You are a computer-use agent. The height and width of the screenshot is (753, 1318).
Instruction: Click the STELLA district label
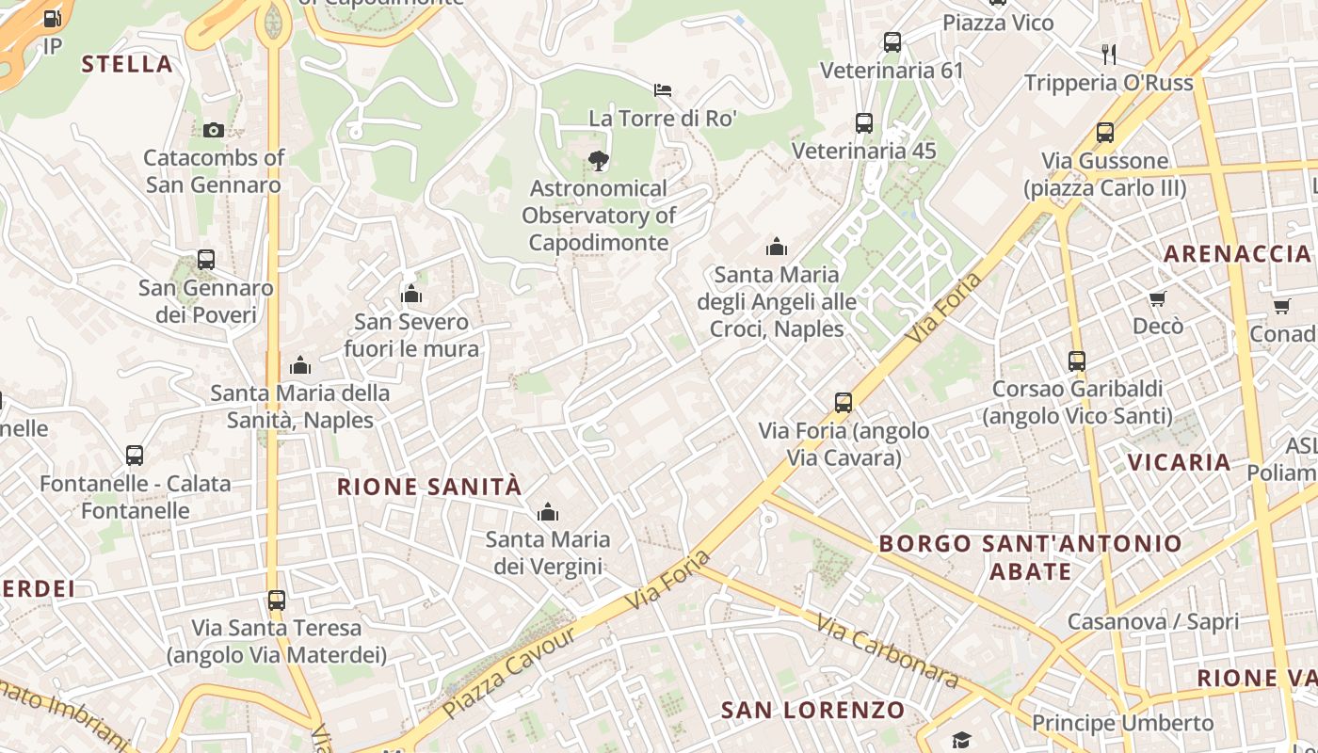pos(127,64)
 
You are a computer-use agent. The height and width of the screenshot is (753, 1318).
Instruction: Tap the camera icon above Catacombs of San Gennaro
pos(214,130)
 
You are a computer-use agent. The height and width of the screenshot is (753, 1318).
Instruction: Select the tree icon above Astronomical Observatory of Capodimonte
pos(598,161)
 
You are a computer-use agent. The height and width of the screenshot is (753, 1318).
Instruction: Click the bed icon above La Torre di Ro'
pos(663,90)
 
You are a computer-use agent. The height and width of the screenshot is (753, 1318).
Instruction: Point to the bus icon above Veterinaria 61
pos(892,42)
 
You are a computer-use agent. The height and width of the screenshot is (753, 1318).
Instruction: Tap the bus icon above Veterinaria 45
pos(863,122)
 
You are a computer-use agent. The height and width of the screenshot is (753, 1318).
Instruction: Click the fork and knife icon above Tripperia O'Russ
pos(1109,55)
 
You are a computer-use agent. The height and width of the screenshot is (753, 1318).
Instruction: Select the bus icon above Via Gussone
pos(1104,133)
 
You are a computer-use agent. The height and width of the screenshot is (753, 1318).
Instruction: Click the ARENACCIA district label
pos(1237,253)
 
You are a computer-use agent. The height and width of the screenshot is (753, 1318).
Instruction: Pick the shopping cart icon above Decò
pos(1157,298)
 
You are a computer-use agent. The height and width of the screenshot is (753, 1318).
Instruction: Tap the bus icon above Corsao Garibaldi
pos(1077,360)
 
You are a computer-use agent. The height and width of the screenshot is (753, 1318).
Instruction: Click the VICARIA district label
pos(1180,462)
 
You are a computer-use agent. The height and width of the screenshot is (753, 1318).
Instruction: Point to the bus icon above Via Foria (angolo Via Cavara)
pos(844,403)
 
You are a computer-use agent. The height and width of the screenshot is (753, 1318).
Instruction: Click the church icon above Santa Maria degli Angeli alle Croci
pos(777,248)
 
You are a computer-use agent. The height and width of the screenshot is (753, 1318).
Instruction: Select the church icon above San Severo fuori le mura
pos(411,295)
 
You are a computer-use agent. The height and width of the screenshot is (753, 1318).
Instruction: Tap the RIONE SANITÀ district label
pos(429,487)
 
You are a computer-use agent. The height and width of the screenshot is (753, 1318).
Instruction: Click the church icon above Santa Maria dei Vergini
pos(547,512)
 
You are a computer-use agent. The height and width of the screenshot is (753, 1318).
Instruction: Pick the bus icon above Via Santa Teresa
pos(276,600)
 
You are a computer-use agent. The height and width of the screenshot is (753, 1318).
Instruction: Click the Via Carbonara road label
pos(886,650)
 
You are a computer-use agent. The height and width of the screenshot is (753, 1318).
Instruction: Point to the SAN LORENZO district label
pos(813,710)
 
